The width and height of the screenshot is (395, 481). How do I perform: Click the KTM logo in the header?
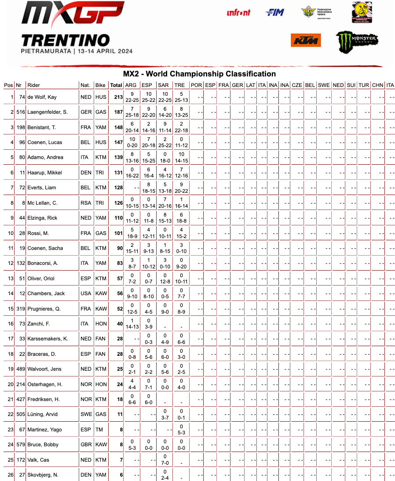point(306,40)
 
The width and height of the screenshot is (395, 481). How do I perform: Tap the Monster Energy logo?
point(357,41)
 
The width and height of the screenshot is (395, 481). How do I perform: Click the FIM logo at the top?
point(275,13)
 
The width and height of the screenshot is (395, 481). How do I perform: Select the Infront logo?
point(238,13)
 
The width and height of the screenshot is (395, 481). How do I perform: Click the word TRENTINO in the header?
point(66,40)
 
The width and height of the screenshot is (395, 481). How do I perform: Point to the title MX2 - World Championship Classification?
point(199,74)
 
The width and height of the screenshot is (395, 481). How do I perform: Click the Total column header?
point(116,85)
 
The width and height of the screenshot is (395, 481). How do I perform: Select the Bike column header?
point(101,85)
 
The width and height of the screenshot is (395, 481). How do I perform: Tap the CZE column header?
point(297,85)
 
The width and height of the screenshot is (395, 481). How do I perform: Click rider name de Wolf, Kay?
point(42,97)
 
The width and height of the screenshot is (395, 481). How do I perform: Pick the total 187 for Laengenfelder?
point(117,112)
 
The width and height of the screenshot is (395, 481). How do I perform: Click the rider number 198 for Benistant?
point(21,127)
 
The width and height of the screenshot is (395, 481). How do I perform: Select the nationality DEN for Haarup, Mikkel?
point(86,173)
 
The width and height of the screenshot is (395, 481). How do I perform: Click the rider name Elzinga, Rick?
point(42,218)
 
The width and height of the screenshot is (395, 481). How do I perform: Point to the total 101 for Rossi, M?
point(118,233)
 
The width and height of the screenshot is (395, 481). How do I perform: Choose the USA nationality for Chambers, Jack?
point(86,293)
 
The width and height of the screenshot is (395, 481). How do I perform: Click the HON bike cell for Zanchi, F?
point(101,324)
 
